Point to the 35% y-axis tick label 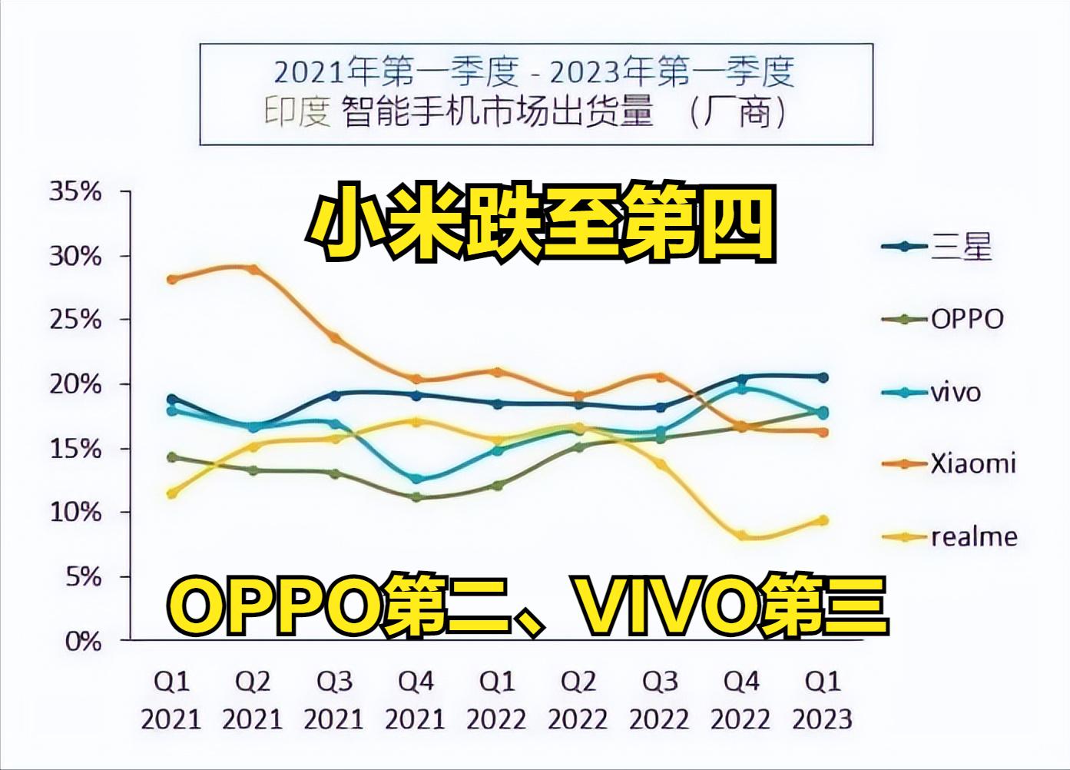click(75, 191)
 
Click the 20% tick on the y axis click(75, 384)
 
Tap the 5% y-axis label click(82, 576)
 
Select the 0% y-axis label click(82, 641)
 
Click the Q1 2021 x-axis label click(171, 700)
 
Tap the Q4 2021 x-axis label click(416, 700)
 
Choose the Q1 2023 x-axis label click(822, 700)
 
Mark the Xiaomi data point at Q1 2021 click(172, 279)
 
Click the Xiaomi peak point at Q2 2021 click(253, 269)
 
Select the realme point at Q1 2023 click(823, 520)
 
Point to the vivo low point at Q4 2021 click(416, 479)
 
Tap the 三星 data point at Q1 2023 click(823, 377)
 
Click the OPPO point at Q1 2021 click(172, 457)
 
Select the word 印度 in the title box click(296, 113)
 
